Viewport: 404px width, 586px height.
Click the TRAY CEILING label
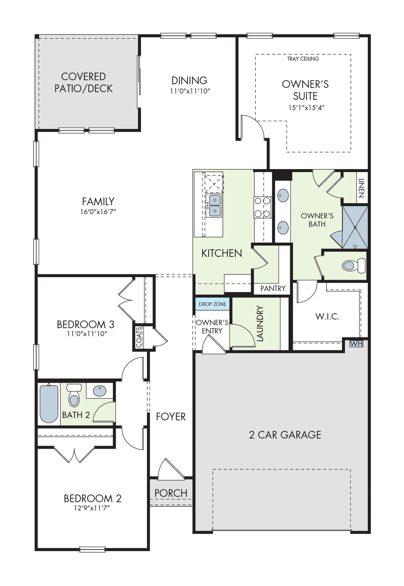pyautogui.click(x=303, y=59)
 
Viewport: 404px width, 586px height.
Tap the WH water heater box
pyautogui.click(x=356, y=344)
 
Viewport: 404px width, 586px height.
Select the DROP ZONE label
pyautogui.click(x=213, y=304)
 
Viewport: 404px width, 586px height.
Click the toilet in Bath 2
pyautogui.click(x=74, y=395)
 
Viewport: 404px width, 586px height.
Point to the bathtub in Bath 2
pyautogui.click(x=49, y=403)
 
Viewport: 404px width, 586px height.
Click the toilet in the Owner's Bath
pyautogui.click(x=354, y=265)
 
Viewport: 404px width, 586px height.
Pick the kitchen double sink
pyautogui.click(x=215, y=205)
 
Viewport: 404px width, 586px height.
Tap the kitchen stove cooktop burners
pyautogui.click(x=262, y=207)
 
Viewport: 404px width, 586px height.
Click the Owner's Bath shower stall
pyautogui.click(x=355, y=227)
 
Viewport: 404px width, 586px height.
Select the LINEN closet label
pyautogui.click(x=362, y=188)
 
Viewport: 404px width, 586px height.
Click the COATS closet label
pyautogui.click(x=139, y=337)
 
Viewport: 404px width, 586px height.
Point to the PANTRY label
pyautogui.click(x=273, y=288)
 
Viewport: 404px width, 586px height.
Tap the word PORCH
pyautogui.click(x=171, y=493)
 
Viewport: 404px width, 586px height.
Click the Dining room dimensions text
pyautogui.click(x=190, y=91)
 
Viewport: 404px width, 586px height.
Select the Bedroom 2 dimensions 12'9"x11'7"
pyautogui.click(x=92, y=508)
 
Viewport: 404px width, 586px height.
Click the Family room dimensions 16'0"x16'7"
pyautogui.click(x=98, y=211)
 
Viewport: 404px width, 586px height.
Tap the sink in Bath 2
pyautogui.click(x=100, y=391)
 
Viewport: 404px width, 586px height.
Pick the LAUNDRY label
pyautogui.click(x=260, y=323)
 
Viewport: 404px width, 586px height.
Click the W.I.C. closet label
pyautogui.click(x=327, y=317)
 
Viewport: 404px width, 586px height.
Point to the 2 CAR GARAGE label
pyautogui.click(x=285, y=435)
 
